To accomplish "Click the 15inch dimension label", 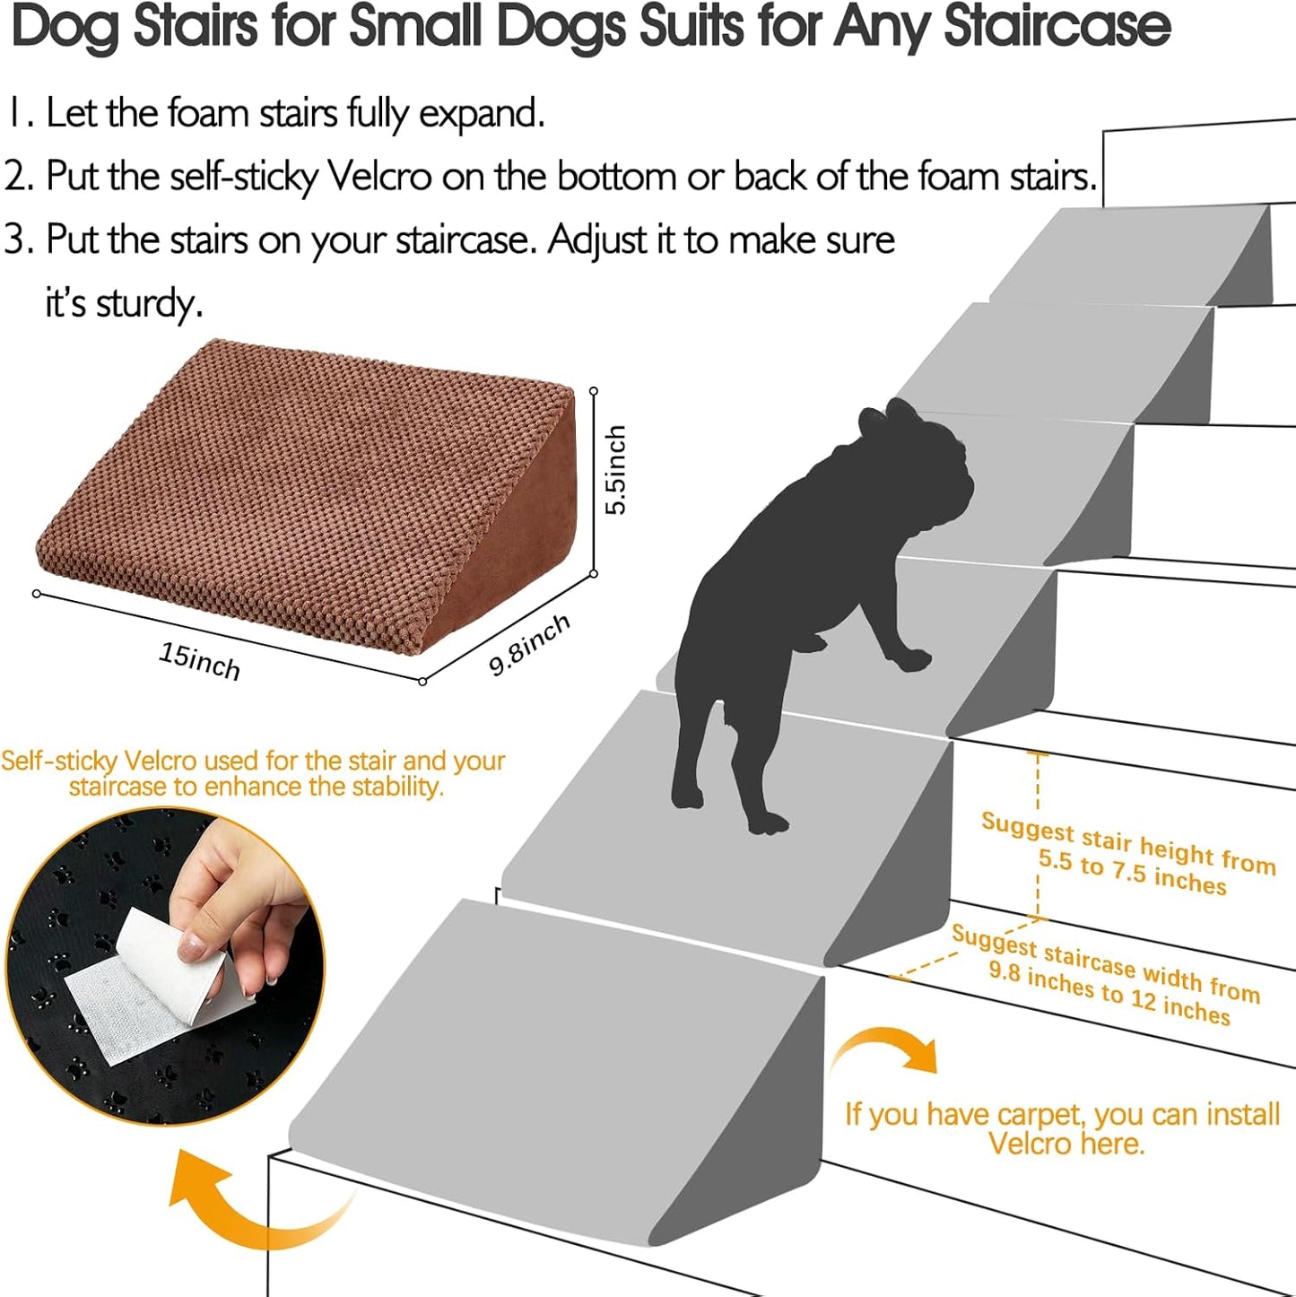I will pyautogui.click(x=199, y=661).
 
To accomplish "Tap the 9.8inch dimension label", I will pyautogui.click(x=529, y=645).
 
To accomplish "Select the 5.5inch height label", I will pyautogui.click(x=615, y=469).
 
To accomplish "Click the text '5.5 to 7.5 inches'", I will pyautogui.click(x=1132, y=871).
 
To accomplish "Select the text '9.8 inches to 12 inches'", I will pyautogui.click(x=1109, y=993).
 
